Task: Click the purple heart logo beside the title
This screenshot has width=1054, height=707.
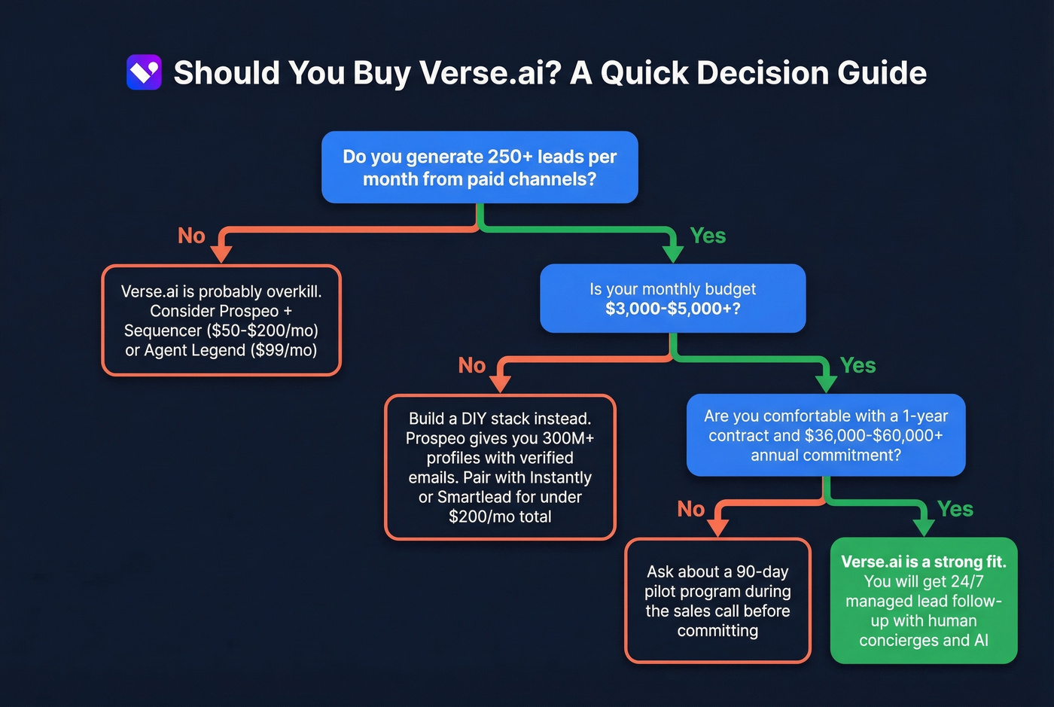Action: point(144,73)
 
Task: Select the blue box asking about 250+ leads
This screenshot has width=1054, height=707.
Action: point(480,167)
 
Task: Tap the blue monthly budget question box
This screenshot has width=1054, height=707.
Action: point(672,298)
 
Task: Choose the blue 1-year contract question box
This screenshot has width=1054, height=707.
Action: point(825,435)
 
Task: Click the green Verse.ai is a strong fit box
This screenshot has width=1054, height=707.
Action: point(923,601)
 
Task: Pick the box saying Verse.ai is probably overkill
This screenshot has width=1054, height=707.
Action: point(221,320)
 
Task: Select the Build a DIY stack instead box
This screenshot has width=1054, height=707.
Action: point(500,467)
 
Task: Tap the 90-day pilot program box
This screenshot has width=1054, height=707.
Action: point(717,601)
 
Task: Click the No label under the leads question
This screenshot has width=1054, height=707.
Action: point(191,236)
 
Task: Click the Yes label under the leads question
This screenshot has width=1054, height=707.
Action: point(708,236)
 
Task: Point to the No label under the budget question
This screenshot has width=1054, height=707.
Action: point(472,365)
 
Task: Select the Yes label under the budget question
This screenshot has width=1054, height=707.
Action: point(858,365)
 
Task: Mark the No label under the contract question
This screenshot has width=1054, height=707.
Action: point(690,509)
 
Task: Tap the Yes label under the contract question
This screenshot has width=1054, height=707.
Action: point(955,509)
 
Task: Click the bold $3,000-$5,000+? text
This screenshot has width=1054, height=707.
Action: point(672,309)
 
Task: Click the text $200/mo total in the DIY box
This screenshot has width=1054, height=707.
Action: point(500,517)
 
